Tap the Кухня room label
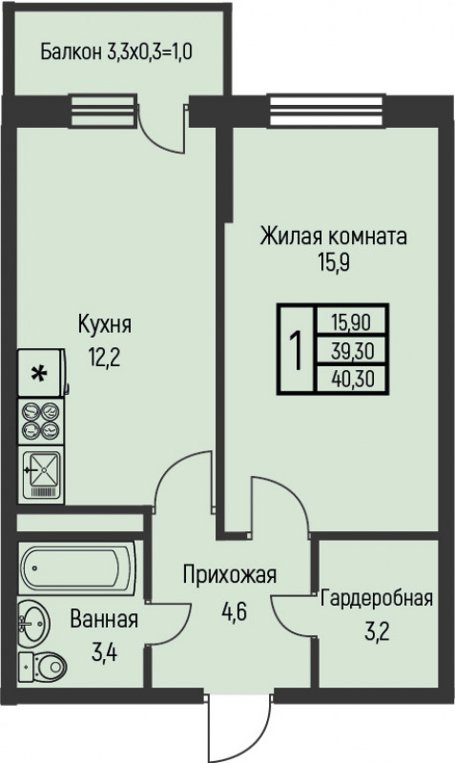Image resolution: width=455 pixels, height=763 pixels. [x=105, y=325]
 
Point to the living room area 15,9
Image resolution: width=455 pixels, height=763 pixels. [x=333, y=262]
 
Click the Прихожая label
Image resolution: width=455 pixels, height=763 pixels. [x=230, y=575]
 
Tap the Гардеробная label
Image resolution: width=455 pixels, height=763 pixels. [x=376, y=599]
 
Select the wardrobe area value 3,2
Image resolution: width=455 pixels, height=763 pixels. [x=376, y=631]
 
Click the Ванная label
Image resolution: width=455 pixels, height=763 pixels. [x=103, y=620]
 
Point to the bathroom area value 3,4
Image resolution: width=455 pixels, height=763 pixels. [x=103, y=653]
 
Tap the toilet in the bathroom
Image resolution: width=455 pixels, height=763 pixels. [x=42, y=665]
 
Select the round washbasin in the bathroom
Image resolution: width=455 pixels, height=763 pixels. [x=34, y=624]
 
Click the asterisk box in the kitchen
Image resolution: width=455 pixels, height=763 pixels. [x=39, y=375]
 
